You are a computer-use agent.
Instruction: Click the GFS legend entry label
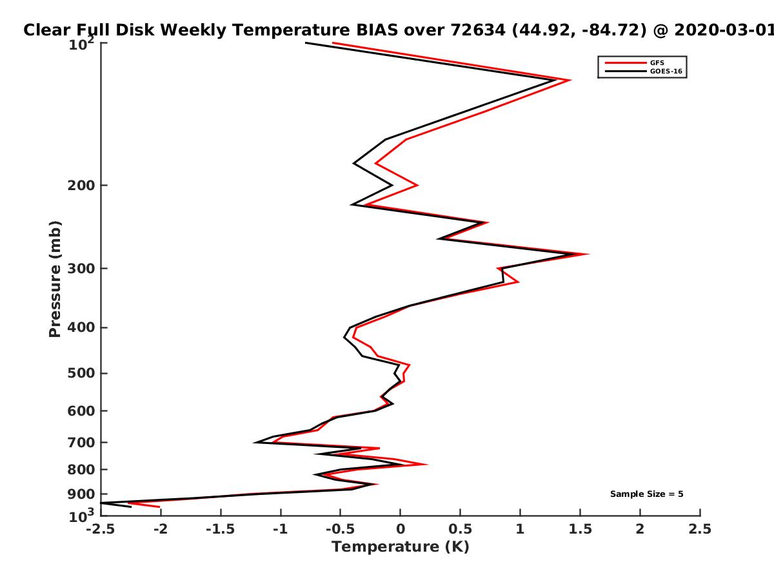click(x=657, y=63)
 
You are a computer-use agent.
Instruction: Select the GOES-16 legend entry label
click(x=666, y=72)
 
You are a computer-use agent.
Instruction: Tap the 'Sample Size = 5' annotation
click(x=647, y=494)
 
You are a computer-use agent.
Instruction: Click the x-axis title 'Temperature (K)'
click(x=401, y=547)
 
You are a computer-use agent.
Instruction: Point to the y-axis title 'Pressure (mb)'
click(x=55, y=279)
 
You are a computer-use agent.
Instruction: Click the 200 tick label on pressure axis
click(x=81, y=186)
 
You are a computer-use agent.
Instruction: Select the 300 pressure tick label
click(x=81, y=269)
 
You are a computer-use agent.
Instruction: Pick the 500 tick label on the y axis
click(x=81, y=373)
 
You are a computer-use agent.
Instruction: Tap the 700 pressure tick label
click(x=81, y=443)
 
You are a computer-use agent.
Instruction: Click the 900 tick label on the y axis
click(x=81, y=494)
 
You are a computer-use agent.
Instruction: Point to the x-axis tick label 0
click(x=401, y=529)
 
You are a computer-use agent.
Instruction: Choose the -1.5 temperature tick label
click(x=221, y=529)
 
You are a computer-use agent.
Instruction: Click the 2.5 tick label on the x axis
click(x=700, y=529)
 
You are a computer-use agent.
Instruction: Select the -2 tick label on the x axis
click(x=161, y=529)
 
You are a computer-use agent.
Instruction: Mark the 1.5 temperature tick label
click(x=580, y=529)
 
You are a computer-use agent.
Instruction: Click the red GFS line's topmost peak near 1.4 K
click(x=570, y=80)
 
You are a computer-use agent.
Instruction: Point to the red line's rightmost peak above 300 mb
click(x=588, y=254)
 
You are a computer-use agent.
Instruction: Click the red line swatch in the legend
click(x=626, y=63)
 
